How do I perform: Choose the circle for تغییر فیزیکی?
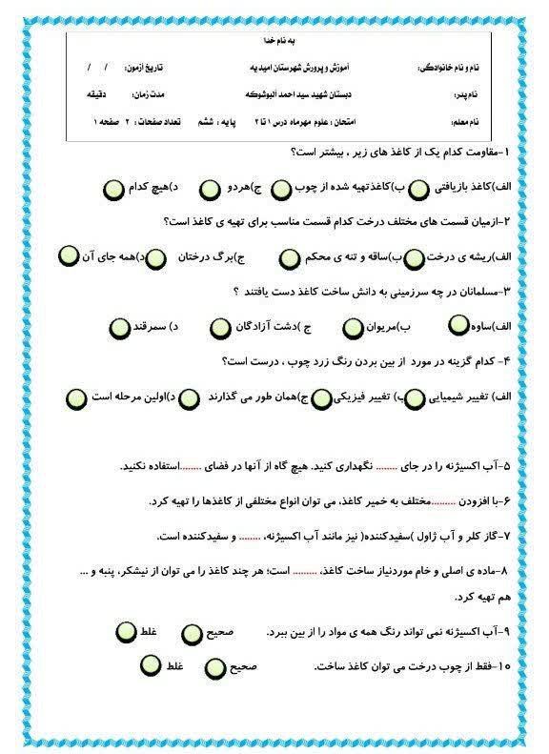[x=324, y=397]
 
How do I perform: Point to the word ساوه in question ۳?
[x=496, y=327]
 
